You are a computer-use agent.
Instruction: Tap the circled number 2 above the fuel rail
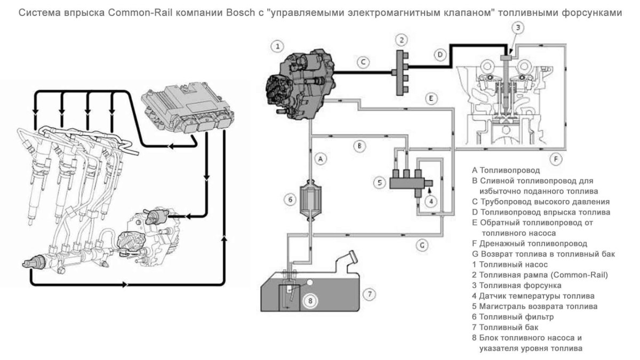pos(402,39)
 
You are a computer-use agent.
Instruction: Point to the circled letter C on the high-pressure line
pos(362,62)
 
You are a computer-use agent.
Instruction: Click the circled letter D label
pos(439,54)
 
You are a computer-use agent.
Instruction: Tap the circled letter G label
pos(421,245)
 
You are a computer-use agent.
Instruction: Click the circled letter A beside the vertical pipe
pos(321,158)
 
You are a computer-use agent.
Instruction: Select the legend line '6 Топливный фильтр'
pos(513,316)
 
